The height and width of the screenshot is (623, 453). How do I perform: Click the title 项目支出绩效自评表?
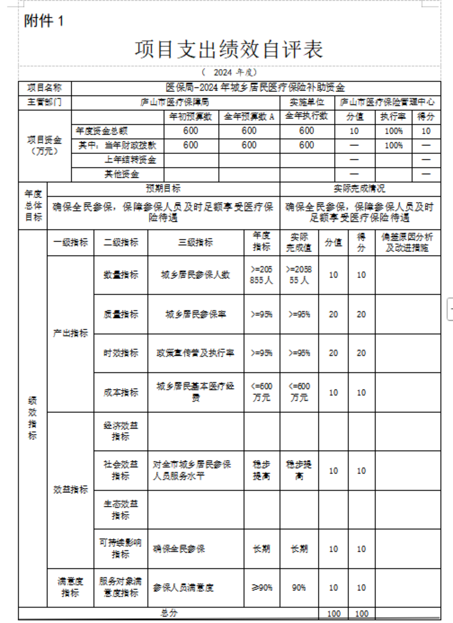click(229, 49)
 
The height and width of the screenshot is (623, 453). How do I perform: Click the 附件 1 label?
click(43, 21)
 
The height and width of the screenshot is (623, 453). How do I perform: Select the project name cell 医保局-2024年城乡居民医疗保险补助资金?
click(256, 88)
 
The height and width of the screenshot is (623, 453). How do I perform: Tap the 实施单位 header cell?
click(307, 102)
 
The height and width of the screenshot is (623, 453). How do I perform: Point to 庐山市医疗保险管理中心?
click(387, 102)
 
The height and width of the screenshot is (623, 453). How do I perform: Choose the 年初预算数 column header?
click(191, 116)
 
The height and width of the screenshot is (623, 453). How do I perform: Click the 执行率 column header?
click(393, 116)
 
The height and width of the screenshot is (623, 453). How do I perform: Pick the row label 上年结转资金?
click(130, 160)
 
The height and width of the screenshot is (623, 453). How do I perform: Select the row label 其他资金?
click(122, 174)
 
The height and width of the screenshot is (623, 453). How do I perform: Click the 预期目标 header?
click(163, 188)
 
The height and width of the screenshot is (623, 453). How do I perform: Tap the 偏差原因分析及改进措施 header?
click(407, 242)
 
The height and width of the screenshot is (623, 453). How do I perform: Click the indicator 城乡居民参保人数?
click(195, 275)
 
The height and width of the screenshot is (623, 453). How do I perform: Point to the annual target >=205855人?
click(262, 275)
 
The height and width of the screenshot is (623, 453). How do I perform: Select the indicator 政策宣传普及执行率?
click(195, 353)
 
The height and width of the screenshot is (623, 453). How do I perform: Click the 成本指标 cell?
click(121, 392)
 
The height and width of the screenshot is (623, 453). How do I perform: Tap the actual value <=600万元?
click(299, 392)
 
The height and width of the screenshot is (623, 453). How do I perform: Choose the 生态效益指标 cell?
click(121, 509)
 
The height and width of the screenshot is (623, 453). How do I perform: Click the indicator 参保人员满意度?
click(183, 588)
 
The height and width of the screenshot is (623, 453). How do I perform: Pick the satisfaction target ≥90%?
click(262, 588)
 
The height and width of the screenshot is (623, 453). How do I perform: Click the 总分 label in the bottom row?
click(169, 613)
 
